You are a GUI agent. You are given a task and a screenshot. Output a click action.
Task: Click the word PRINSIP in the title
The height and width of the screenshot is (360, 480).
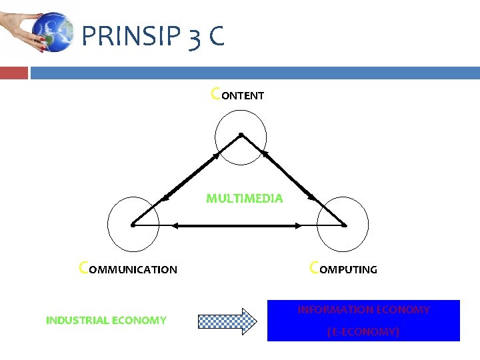click(x=129, y=37)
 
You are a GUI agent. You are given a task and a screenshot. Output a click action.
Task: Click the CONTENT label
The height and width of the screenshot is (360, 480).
click(x=237, y=95)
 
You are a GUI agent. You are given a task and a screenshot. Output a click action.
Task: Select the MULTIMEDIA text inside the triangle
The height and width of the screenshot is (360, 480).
click(x=244, y=198)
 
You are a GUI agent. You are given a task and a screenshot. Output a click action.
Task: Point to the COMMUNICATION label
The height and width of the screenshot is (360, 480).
click(x=128, y=269)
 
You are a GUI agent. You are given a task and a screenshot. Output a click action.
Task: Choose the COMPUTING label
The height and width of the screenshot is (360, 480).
click(x=343, y=269)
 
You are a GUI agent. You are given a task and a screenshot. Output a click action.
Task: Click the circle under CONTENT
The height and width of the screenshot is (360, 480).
click(x=241, y=137)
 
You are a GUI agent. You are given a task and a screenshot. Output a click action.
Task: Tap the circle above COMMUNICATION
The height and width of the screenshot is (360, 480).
click(x=133, y=222)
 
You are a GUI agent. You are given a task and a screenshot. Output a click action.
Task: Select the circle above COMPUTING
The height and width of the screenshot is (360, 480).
click(x=343, y=222)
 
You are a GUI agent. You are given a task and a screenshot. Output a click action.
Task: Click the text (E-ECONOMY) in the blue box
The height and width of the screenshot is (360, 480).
click(x=363, y=331)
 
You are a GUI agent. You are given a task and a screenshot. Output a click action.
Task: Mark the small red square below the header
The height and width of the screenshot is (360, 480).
click(x=14, y=73)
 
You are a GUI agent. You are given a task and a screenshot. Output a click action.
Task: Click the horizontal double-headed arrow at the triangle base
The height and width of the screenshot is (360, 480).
click(x=237, y=226)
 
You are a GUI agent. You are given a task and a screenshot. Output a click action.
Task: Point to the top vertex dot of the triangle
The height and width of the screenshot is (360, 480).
click(x=241, y=134)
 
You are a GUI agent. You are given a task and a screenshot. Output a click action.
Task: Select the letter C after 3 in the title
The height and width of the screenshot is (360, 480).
click(x=215, y=37)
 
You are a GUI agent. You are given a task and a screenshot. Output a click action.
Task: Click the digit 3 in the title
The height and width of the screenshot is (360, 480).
click(x=193, y=38)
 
